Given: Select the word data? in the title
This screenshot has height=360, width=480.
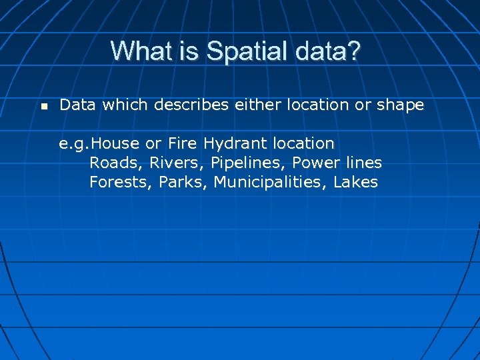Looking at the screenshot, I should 329,51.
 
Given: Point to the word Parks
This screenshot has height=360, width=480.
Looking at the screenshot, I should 183,182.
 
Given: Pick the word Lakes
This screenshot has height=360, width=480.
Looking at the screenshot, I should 355,182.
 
